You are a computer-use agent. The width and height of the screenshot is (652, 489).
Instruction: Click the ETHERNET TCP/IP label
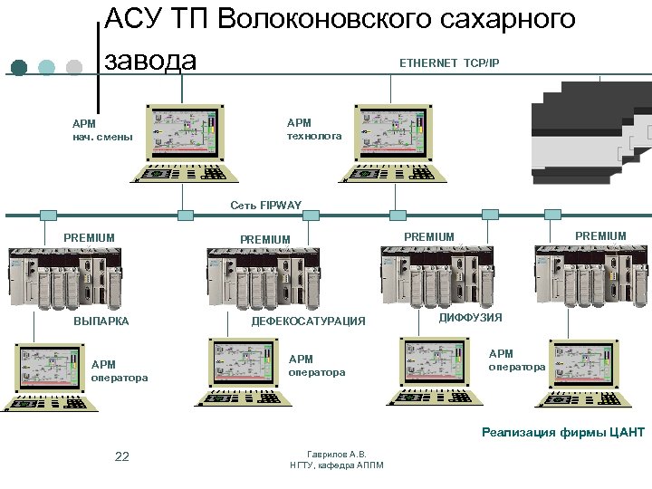click(x=449, y=62)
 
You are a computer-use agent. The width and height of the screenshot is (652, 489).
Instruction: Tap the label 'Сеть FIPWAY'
click(x=265, y=206)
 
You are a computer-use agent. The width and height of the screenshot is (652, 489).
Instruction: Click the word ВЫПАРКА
click(x=101, y=321)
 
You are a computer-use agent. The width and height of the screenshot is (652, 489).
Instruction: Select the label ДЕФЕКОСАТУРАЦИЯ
click(x=308, y=321)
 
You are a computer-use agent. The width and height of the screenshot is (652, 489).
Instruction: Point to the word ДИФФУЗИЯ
click(x=470, y=318)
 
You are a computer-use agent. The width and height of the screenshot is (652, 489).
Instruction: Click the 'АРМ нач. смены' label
click(x=102, y=130)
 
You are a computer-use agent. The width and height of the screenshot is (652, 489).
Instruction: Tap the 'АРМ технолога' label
click(x=314, y=129)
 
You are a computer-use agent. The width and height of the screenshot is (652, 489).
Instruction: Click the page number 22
click(x=122, y=455)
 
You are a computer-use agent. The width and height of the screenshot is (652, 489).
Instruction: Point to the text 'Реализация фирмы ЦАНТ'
click(x=562, y=432)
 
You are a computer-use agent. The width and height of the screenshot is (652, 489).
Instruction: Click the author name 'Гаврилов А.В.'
click(x=336, y=454)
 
